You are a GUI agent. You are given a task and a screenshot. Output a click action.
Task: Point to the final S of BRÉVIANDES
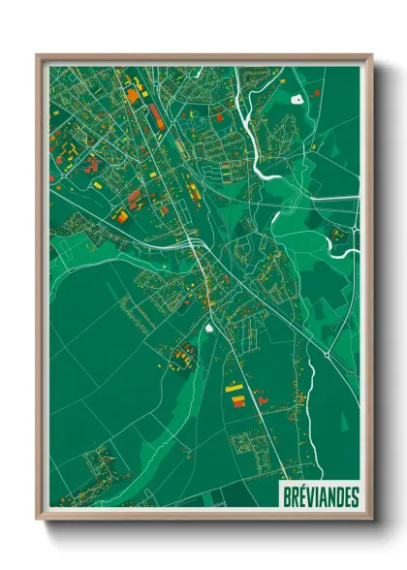355,496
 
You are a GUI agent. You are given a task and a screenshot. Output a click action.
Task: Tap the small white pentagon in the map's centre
209,327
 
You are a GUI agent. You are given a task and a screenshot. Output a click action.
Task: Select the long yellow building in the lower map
235,388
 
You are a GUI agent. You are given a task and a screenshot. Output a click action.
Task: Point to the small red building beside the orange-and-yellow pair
260,398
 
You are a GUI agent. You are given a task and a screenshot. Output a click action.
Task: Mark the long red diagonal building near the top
155,116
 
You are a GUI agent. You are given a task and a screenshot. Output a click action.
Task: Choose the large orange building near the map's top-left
132,95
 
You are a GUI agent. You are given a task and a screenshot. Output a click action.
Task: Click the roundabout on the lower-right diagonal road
327,357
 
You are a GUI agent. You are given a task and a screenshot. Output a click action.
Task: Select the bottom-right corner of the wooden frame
371,519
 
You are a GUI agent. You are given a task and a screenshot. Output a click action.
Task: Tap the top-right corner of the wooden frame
371,55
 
